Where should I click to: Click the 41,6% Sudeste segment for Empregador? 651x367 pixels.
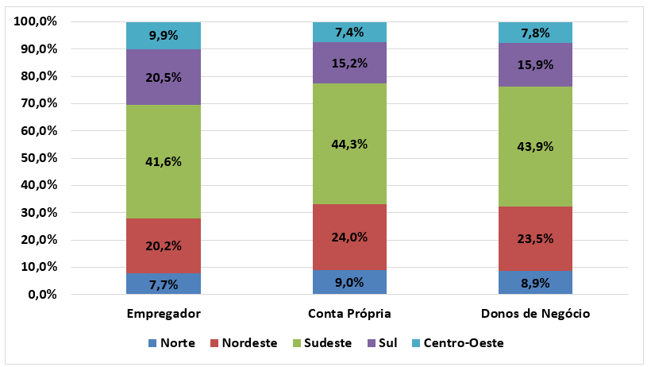click(x=164, y=161)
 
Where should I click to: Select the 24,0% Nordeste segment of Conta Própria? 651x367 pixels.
click(x=349, y=237)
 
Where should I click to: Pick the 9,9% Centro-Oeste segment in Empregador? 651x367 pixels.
click(x=164, y=36)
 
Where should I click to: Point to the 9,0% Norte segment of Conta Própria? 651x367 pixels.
click(x=349, y=282)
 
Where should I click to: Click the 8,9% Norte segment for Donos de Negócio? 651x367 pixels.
click(x=535, y=283)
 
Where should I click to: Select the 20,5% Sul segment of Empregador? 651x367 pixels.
click(x=164, y=77)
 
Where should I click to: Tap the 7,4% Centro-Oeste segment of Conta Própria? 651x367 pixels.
click(x=349, y=33)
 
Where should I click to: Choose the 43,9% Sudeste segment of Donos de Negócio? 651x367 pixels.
click(x=535, y=146)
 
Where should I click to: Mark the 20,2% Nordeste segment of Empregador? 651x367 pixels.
click(x=164, y=245)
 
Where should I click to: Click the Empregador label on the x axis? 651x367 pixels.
click(x=164, y=313)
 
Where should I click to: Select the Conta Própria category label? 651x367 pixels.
click(x=349, y=313)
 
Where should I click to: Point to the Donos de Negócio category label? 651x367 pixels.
click(x=535, y=313)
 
